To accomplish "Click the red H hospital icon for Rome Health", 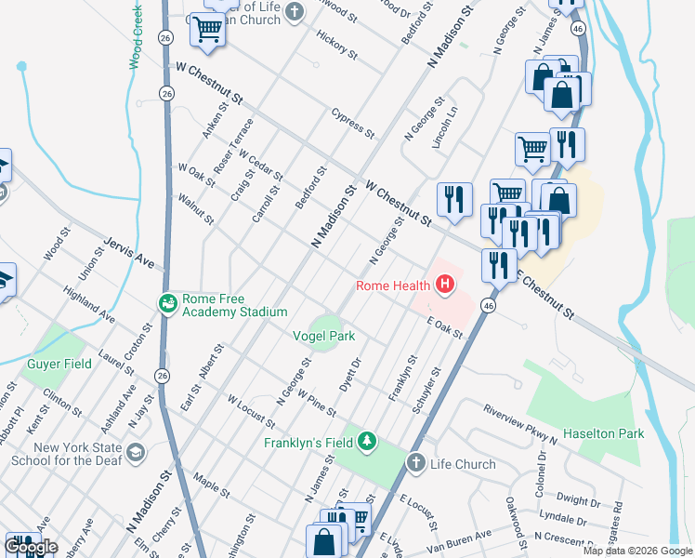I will pos(446,285).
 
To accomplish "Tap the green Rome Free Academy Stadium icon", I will pos(168,302).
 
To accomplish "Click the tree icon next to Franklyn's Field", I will pos(368,441).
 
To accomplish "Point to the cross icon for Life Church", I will pos(415,463).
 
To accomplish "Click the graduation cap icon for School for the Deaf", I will pos(135,452).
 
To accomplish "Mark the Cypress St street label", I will pos(352,123).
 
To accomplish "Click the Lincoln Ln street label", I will pos(445,126).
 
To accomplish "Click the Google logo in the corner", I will pos(32,547).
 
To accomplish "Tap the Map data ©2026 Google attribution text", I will pos(636,551).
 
